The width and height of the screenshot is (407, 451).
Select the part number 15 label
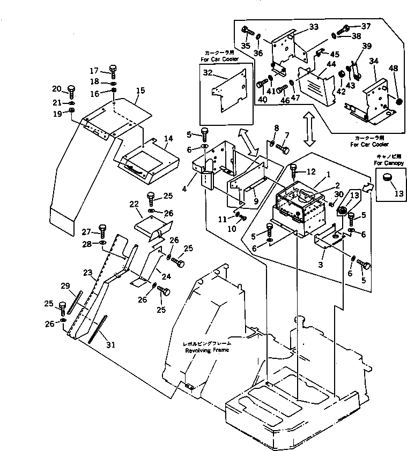pos(140,92)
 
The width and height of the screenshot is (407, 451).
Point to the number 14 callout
pos(168,139)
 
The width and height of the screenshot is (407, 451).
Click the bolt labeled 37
pos(345,27)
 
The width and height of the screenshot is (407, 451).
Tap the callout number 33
pos(314,26)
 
